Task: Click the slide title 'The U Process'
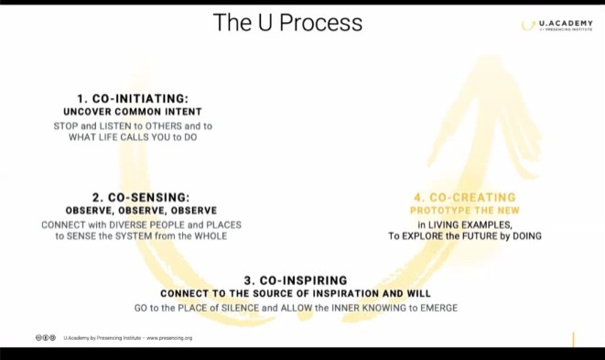287,23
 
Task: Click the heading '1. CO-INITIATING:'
133,98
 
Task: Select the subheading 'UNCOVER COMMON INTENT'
134,111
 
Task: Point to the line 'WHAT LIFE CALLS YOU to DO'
134,136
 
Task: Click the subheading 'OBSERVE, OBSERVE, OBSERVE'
140,210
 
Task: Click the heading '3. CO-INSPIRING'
296,279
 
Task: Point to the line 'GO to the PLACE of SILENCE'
296,308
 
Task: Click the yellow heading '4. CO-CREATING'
464,197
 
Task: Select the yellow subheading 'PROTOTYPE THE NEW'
464,210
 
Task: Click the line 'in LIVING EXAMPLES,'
464,224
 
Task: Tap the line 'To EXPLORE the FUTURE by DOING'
464,235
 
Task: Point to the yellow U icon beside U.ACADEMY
528,25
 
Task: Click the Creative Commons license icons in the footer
46,338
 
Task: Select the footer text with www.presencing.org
128,338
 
